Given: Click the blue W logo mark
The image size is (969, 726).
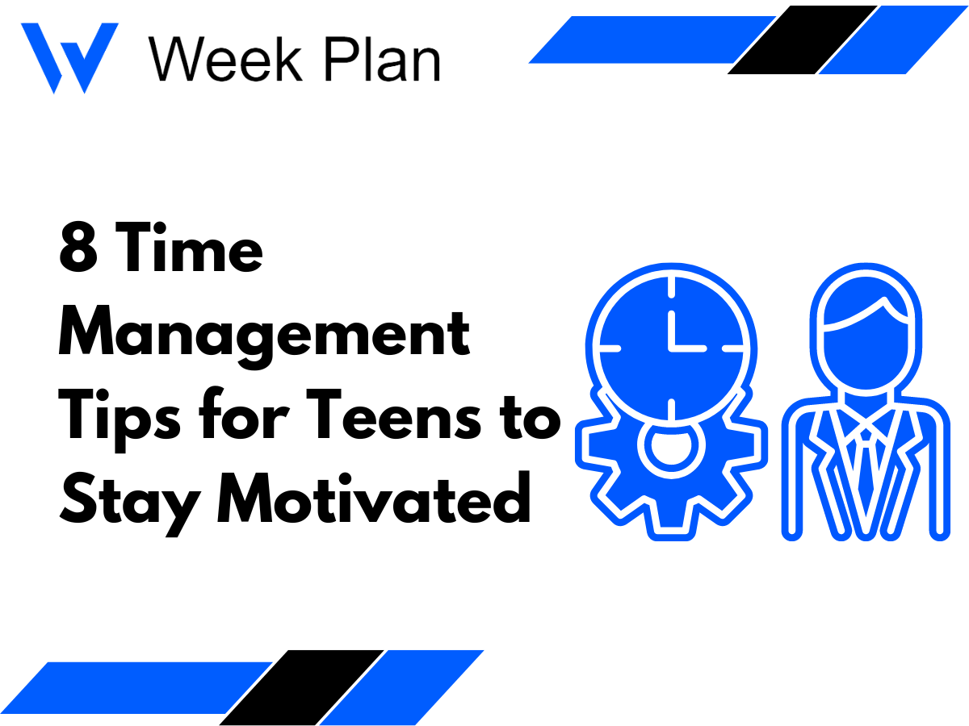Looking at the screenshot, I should point(69,57).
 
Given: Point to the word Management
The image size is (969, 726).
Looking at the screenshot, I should point(263,335).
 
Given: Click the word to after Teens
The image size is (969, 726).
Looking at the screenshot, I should point(528,419).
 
